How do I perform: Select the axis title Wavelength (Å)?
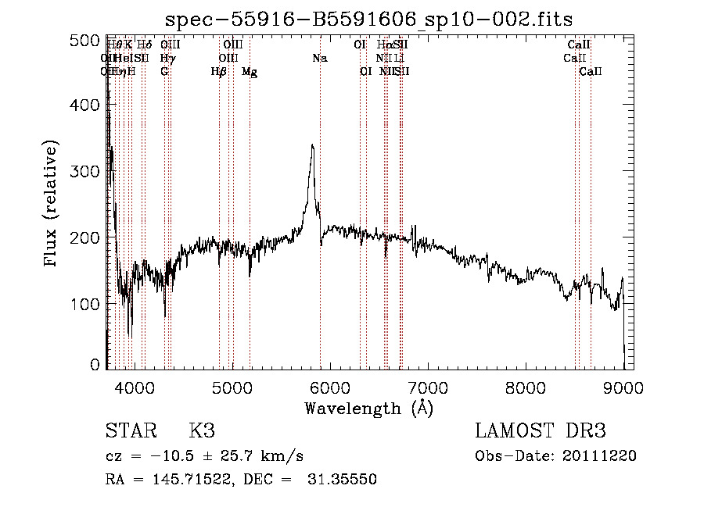tap(368, 407)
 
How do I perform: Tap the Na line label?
tap(319, 58)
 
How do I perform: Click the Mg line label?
tap(250, 72)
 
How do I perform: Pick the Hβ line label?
tap(218, 72)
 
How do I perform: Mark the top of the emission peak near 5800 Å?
tap(312, 145)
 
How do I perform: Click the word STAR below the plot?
tap(130, 430)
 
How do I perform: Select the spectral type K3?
tap(201, 430)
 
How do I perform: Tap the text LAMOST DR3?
tap(540, 430)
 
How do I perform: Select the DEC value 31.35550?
tap(343, 480)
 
